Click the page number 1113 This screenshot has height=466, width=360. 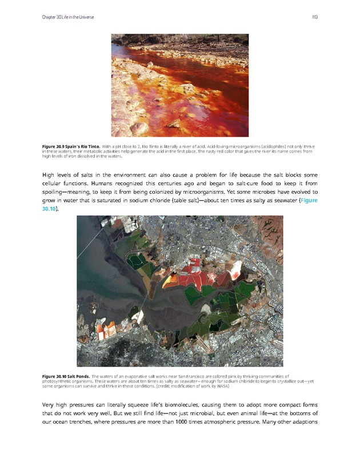point(314,17)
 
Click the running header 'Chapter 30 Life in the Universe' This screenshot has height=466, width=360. point(68,17)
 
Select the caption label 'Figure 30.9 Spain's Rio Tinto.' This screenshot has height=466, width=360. point(71,147)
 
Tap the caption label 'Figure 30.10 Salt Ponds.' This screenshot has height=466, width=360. point(65,376)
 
